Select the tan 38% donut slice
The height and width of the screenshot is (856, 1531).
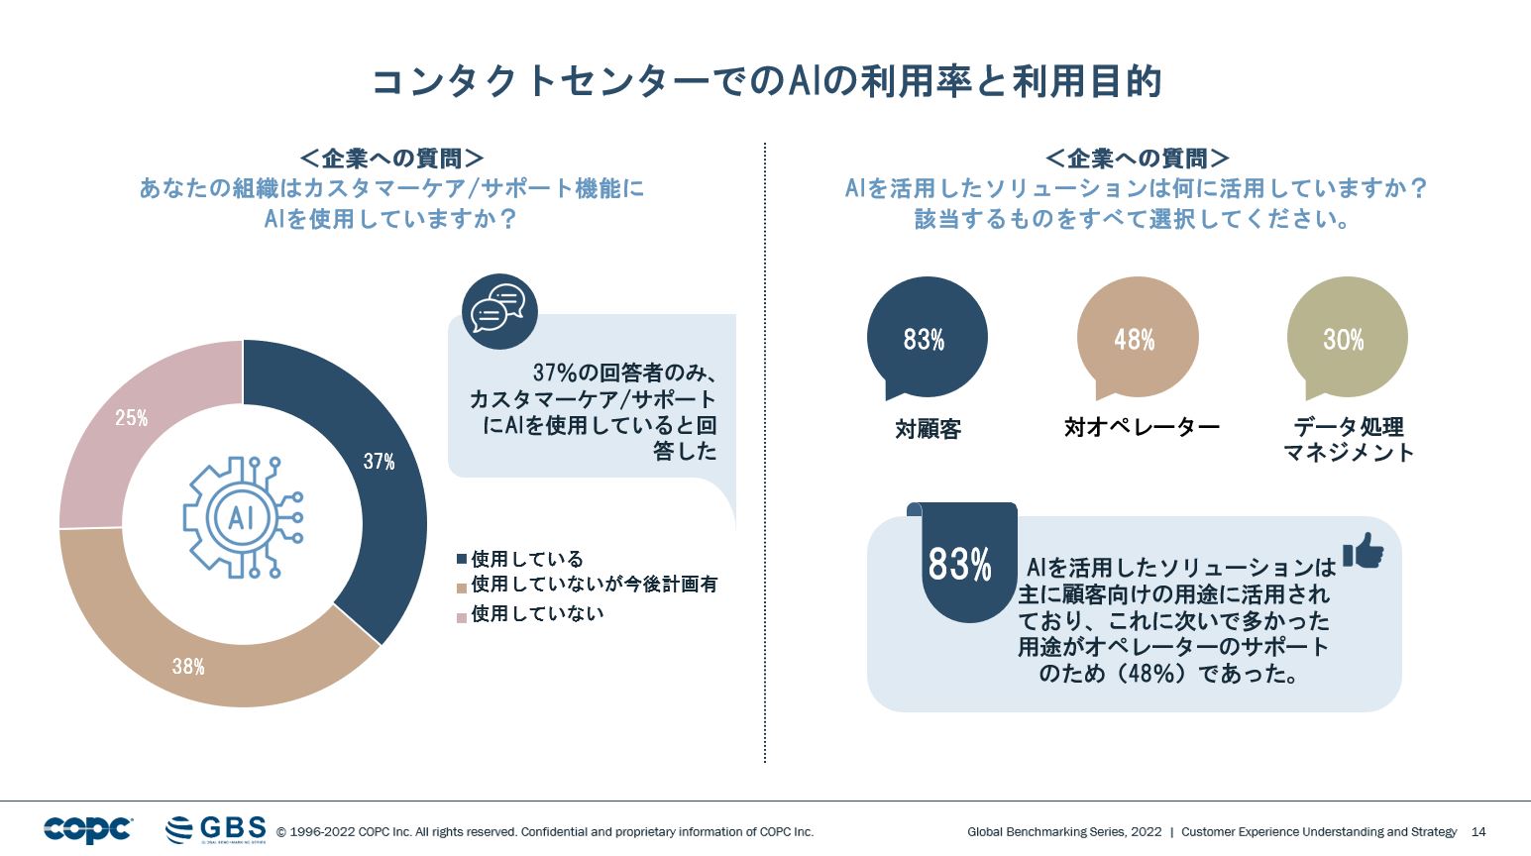pyautogui.click(x=198, y=659)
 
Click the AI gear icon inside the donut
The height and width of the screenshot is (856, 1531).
pyautogui.click(x=243, y=517)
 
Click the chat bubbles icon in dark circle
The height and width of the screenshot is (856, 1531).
pyautogui.click(x=499, y=310)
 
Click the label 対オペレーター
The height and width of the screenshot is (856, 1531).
pyautogui.click(x=1142, y=427)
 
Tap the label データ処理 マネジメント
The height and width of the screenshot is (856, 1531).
pyautogui.click(x=1349, y=440)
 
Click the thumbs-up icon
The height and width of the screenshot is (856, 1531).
pyautogui.click(x=1364, y=551)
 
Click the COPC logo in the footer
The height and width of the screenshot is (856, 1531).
pyautogui.click(x=87, y=829)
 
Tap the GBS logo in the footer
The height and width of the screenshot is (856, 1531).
pyautogui.click(x=216, y=829)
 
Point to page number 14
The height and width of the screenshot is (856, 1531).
pyautogui.click(x=1478, y=832)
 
